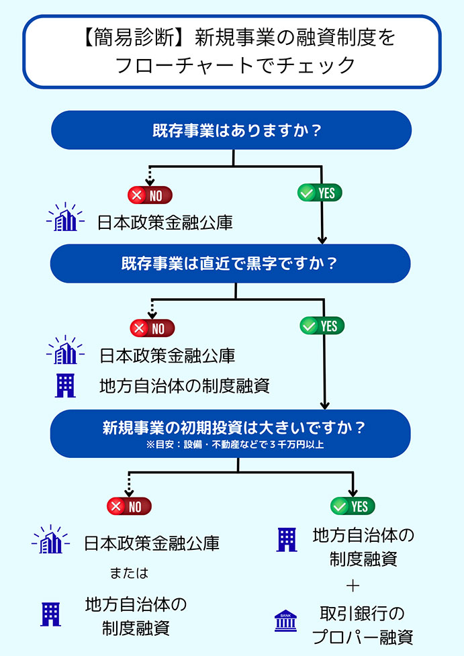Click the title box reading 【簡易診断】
(232, 51)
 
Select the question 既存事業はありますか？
(232, 130)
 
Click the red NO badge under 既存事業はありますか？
(150, 195)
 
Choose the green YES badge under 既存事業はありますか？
(320, 193)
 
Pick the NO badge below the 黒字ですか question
(152, 328)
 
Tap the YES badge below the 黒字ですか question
(322, 326)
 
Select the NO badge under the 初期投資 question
(129, 506)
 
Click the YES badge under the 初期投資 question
(353, 506)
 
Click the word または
(128, 574)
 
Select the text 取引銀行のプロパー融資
(363, 625)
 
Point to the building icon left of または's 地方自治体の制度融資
(51, 614)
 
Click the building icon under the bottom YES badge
(287, 539)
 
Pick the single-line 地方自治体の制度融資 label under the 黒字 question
(184, 386)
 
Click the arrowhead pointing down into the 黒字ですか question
(322, 239)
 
